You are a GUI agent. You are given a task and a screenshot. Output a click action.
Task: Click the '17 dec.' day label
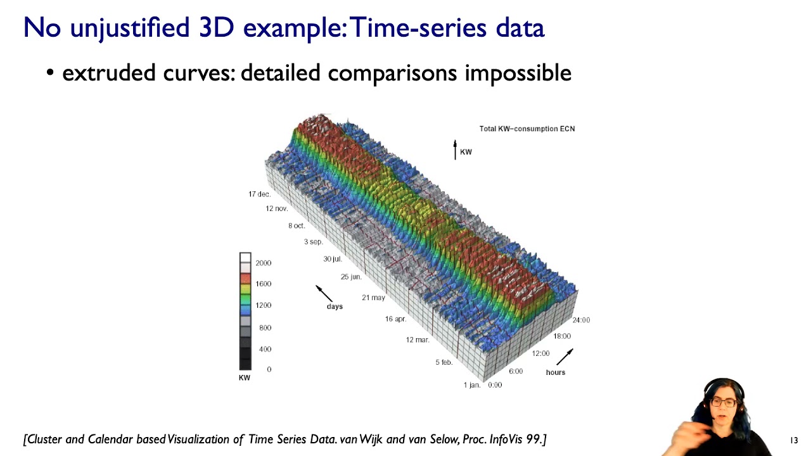click(x=259, y=194)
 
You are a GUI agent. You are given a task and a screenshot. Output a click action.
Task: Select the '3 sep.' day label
click(x=313, y=242)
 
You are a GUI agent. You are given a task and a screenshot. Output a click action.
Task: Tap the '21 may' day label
click(x=373, y=298)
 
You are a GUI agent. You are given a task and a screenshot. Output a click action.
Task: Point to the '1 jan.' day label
click(x=472, y=385)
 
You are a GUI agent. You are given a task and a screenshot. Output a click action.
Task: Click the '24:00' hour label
click(x=580, y=320)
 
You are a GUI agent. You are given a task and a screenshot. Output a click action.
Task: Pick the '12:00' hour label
click(x=540, y=353)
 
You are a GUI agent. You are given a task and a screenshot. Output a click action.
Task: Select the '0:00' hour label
click(x=495, y=385)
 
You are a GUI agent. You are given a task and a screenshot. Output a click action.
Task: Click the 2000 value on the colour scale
click(x=263, y=263)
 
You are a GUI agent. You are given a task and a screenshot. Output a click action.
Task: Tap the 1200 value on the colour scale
click(x=263, y=305)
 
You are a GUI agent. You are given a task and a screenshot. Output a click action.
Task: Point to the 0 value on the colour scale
click(x=269, y=369)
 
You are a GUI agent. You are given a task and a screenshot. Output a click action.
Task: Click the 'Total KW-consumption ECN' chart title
click(x=527, y=129)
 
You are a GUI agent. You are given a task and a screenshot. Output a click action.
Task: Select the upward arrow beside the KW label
click(x=454, y=149)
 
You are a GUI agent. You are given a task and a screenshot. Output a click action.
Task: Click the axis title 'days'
click(x=335, y=307)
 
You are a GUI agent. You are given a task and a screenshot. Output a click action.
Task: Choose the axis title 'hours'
click(x=555, y=372)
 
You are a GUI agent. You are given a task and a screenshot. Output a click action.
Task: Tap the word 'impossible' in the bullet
click(x=518, y=73)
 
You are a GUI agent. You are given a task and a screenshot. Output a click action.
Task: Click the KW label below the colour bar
click(x=244, y=378)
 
